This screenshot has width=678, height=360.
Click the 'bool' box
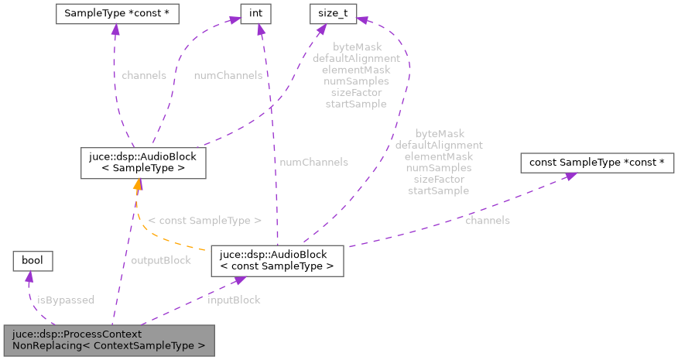[x=32, y=261]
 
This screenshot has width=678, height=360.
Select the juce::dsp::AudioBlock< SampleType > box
[x=143, y=162]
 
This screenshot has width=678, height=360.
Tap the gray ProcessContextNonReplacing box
[x=108, y=341]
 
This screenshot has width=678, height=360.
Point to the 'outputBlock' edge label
[x=161, y=260]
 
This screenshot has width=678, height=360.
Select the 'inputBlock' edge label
[x=234, y=300]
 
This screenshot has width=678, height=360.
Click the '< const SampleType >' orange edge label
[x=204, y=221]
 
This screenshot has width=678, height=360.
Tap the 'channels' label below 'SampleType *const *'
[x=143, y=76]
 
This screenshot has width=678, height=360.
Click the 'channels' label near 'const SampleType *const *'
[x=487, y=221]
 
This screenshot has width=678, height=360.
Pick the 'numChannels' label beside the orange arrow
[x=313, y=162]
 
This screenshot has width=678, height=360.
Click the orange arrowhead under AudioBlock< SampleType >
[x=137, y=183]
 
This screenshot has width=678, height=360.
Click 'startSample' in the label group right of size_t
[x=438, y=190]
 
